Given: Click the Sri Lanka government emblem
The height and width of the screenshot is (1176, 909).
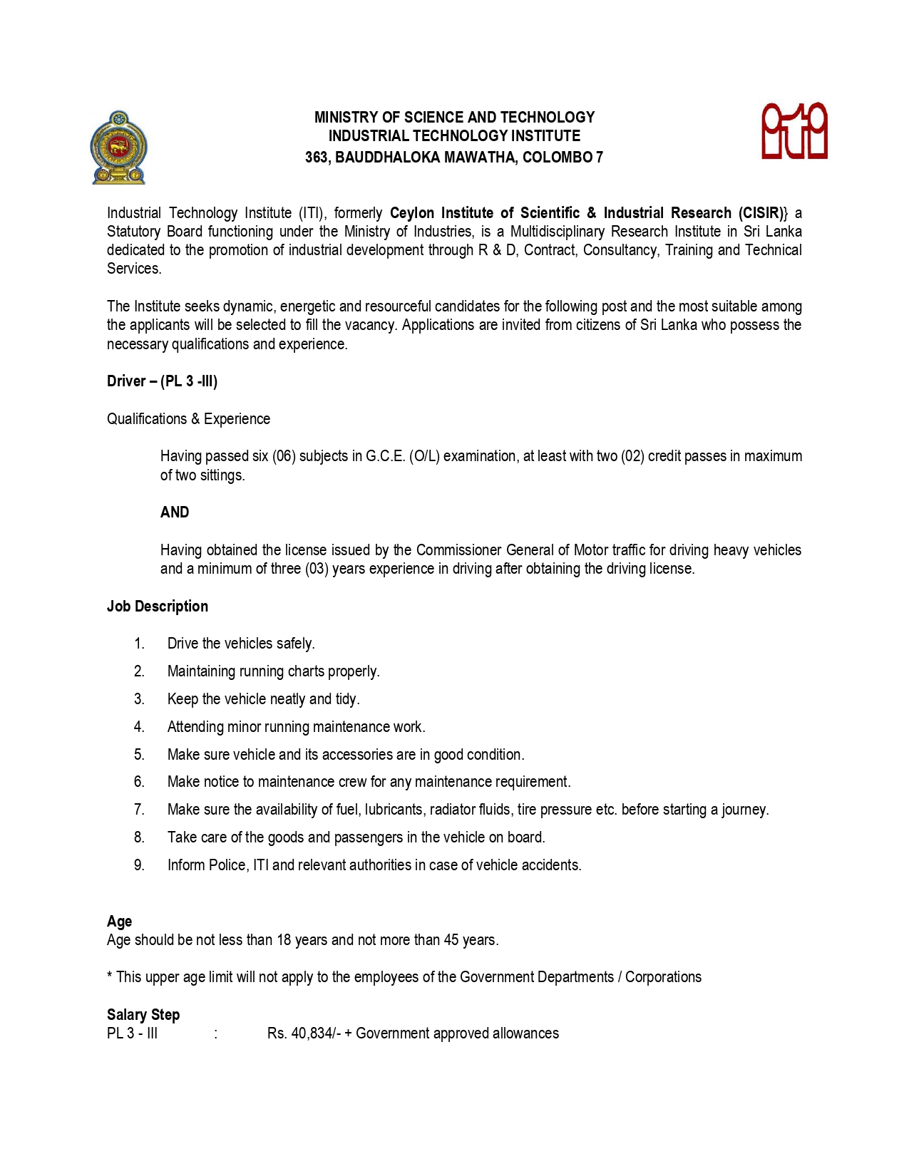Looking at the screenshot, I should click(118, 148).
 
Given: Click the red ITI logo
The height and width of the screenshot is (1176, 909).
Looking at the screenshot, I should click(794, 131).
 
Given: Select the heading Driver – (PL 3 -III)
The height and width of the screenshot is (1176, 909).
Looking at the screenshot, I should click(162, 381).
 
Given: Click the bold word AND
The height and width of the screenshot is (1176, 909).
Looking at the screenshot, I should click(175, 512).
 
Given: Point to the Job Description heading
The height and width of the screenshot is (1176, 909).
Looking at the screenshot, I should click(158, 607).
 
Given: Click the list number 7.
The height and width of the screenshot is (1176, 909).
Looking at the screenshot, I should click(139, 810).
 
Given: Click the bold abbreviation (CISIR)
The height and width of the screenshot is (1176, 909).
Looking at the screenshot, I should click(762, 213).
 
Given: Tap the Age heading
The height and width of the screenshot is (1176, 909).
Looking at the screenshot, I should click(119, 922).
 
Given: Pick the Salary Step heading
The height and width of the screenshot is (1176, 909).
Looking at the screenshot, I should click(143, 1015).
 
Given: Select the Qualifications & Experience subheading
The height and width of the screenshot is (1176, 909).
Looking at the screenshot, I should click(188, 419).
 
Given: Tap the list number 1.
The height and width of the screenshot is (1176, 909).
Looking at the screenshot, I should click(139, 644).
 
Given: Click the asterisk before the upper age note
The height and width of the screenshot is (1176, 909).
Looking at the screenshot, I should click(110, 976).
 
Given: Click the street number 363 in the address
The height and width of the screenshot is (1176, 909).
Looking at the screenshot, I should click(316, 158).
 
